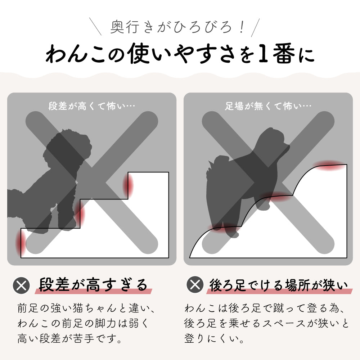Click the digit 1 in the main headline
[x=264, y=53]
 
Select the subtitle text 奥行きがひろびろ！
[x=177, y=27]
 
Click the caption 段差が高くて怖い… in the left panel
[x=91, y=106]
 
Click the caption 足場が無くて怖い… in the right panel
[x=268, y=106]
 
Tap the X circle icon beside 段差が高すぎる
[x=21, y=285]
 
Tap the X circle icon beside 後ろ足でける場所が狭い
[x=195, y=285]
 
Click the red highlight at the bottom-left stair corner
[x=19, y=243]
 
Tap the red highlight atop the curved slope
[x=330, y=165]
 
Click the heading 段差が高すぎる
[x=93, y=285]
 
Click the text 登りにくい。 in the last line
[x=214, y=338]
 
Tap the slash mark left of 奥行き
[x=95, y=26]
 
